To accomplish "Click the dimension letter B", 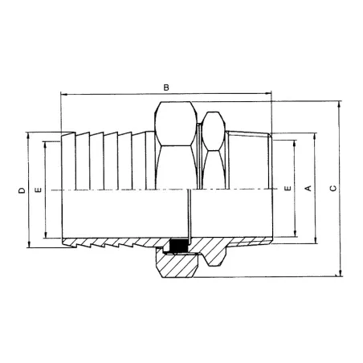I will tap(166, 86).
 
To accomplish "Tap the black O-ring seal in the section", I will tap(178, 247).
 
